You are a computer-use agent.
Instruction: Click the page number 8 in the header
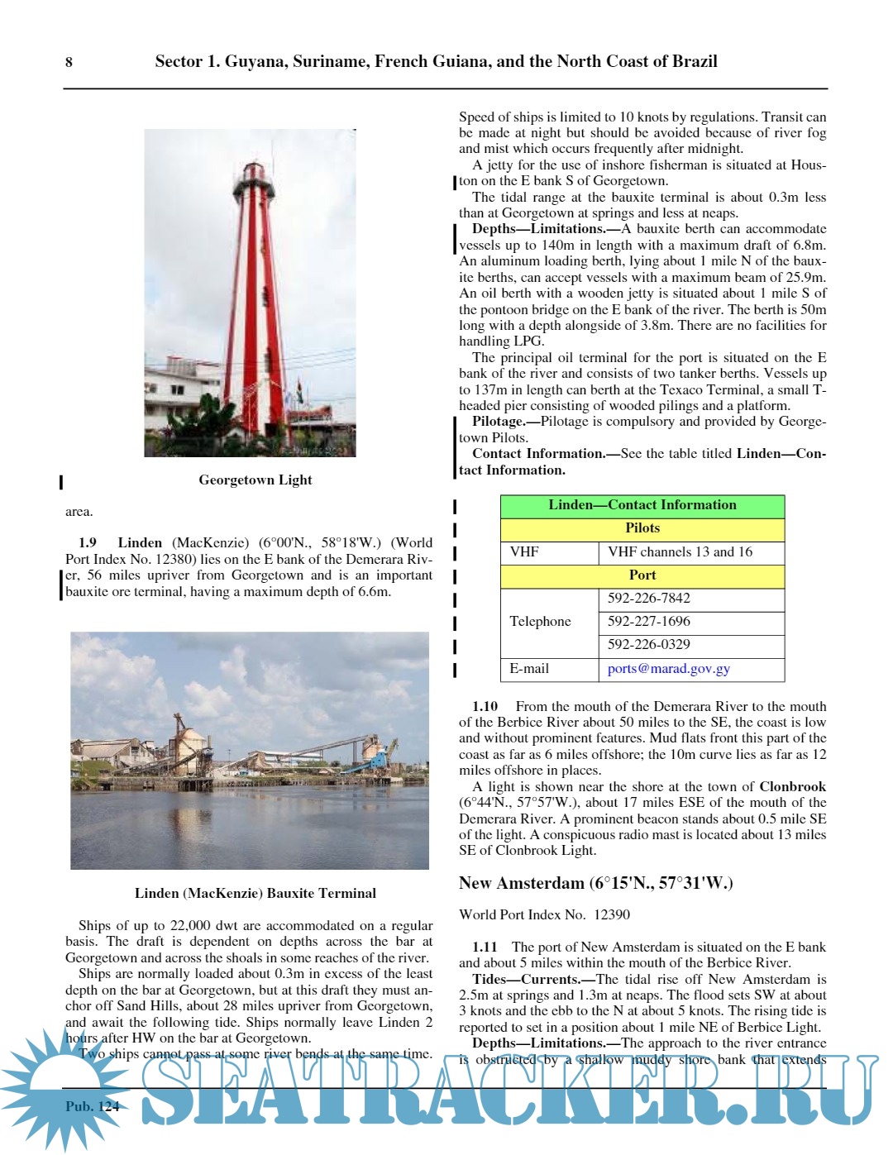pyautogui.click(x=69, y=62)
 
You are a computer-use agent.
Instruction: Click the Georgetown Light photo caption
pyautogui.click(x=255, y=480)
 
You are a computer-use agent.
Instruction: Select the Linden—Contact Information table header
pyautogui.click(x=642, y=505)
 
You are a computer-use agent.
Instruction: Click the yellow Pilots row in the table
pyautogui.click(x=642, y=528)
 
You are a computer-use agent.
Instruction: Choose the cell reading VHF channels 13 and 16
pyautogui.click(x=680, y=551)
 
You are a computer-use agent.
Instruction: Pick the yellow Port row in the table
pyautogui.click(x=642, y=575)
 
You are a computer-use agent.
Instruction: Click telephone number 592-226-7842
pyautogui.click(x=648, y=599)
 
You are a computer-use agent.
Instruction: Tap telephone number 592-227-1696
pyautogui.click(x=648, y=622)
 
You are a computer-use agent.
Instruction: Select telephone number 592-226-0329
pyautogui.click(x=648, y=645)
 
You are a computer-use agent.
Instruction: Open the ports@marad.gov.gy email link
pyautogui.click(x=668, y=669)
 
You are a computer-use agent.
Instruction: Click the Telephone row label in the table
pyautogui.click(x=540, y=622)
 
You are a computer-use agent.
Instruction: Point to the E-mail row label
pyautogui.click(x=529, y=669)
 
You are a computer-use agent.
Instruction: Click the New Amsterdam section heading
pyautogui.click(x=595, y=883)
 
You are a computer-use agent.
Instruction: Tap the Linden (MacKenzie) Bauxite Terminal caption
pyautogui.click(x=255, y=893)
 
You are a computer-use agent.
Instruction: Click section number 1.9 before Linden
pyautogui.click(x=88, y=543)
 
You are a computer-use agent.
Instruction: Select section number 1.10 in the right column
pyautogui.click(x=485, y=707)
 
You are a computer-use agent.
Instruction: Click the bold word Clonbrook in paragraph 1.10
pyautogui.click(x=792, y=787)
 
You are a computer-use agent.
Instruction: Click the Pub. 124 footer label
pyautogui.click(x=93, y=1106)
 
